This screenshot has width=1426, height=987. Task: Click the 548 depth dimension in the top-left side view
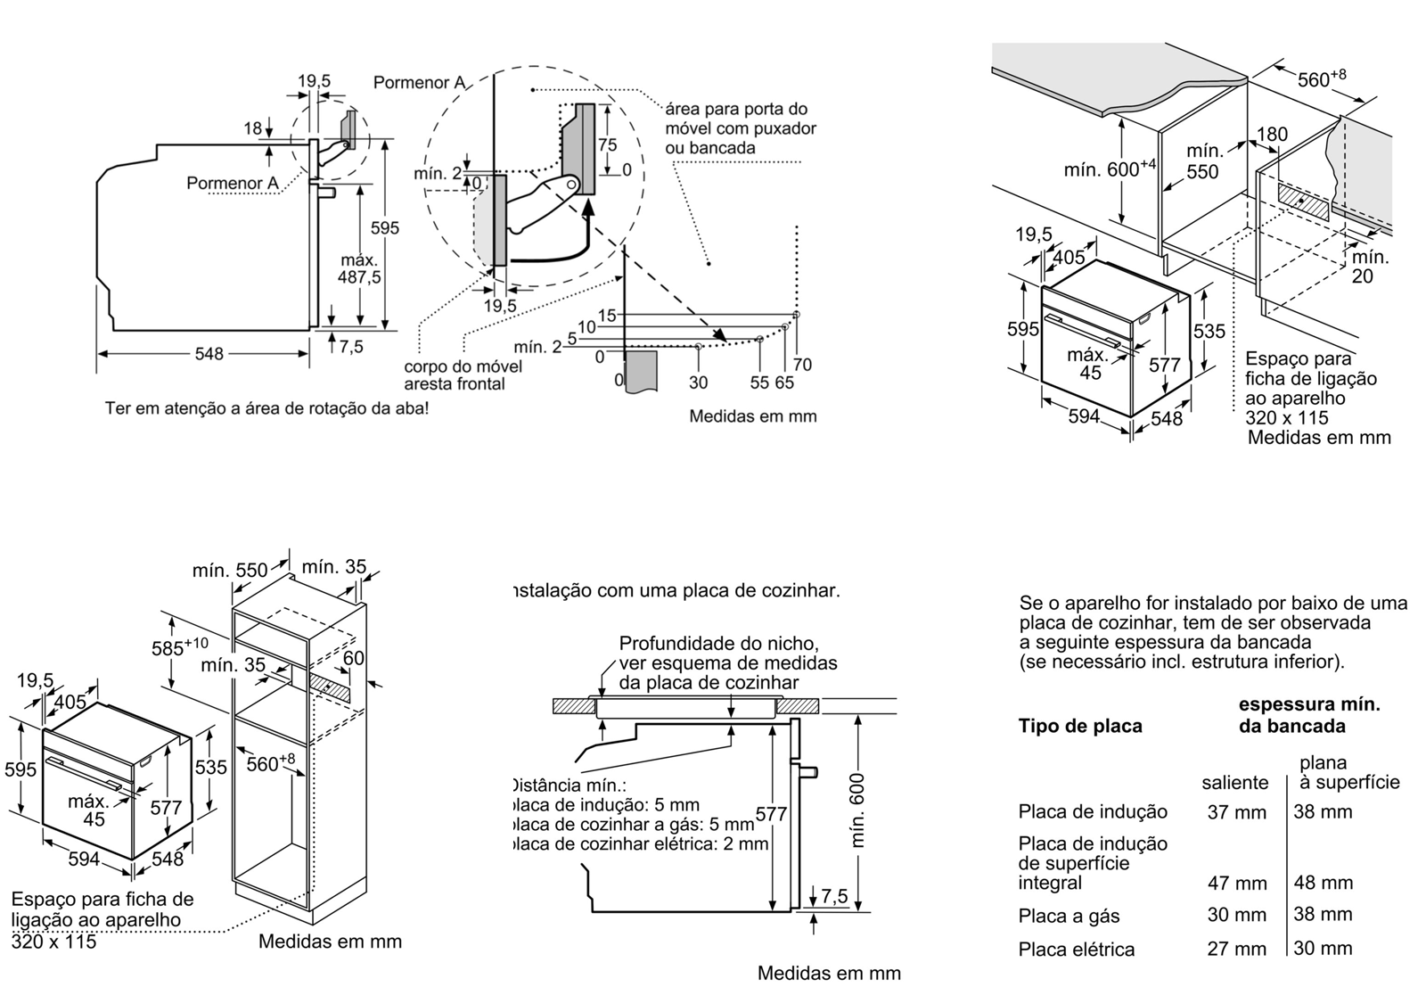click(209, 354)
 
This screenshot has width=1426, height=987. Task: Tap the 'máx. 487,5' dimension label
click(359, 268)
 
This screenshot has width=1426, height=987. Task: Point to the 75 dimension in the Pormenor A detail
click(607, 145)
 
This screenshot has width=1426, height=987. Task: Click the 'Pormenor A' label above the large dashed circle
click(419, 83)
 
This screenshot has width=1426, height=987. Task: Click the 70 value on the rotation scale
click(802, 364)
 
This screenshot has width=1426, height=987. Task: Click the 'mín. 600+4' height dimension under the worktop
click(1109, 168)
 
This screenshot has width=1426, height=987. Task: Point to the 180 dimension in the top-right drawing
click(1272, 135)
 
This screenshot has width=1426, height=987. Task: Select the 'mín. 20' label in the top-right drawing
click(1370, 267)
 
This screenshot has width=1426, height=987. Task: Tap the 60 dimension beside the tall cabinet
click(353, 658)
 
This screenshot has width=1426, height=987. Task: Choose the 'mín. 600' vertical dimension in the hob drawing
click(857, 810)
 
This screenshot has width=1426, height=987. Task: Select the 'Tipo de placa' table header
click(1079, 726)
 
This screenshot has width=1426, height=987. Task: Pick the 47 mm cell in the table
click(1236, 883)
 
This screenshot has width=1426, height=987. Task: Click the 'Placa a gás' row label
click(1069, 916)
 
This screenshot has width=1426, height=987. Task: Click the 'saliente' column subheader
click(1234, 783)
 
